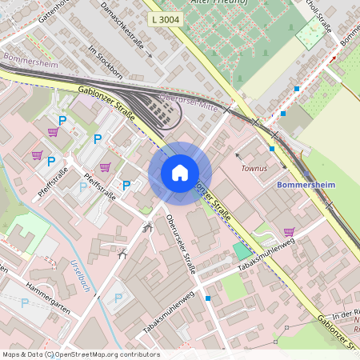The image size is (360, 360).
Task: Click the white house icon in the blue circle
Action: (180, 173)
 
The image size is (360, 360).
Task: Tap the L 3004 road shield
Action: (165, 18)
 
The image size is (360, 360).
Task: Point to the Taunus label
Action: (254, 170)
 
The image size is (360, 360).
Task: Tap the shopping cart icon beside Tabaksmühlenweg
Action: (288, 232)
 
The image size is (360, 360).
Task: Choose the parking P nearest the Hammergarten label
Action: (25, 302)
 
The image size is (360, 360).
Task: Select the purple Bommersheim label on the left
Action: (30, 58)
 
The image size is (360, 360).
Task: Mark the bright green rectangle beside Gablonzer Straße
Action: (242, 251)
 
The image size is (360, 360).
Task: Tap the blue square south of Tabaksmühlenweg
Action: (208, 298)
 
